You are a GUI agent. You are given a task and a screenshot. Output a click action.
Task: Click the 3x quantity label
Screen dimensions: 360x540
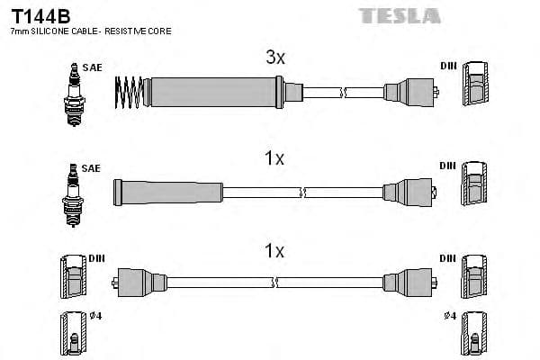click(x=274, y=58)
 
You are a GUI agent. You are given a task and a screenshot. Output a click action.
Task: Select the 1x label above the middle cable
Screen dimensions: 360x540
click(x=274, y=159)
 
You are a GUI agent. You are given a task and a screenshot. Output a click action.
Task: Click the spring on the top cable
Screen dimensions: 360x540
click(x=130, y=92)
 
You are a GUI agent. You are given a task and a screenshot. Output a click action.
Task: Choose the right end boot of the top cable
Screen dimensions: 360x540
click(x=409, y=92)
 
